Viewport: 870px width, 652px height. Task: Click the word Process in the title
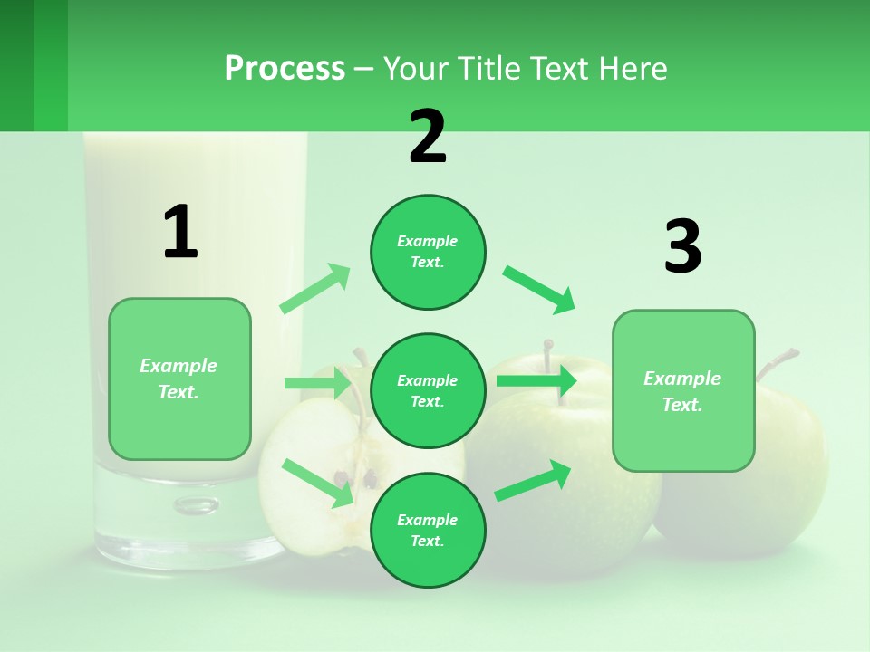tap(285, 69)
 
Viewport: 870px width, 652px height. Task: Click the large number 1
tap(180, 233)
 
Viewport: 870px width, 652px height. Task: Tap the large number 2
tap(428, 137)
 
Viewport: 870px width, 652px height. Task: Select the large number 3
tap(682, 247)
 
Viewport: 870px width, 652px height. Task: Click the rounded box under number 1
tap(179, 379)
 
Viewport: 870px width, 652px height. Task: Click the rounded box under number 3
tap(683, 390)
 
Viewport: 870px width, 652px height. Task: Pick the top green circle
tap(428, 252)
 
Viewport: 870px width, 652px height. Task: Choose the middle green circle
tap(428, 390)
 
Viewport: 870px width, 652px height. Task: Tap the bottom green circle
tap(428, 530)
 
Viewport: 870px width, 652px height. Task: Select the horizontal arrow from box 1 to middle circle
tap(317, 383)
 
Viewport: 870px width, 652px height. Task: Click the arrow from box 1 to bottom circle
tap(317, 482)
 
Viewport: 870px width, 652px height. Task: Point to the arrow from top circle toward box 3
tap(539, 289)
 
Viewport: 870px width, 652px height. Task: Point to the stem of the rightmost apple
tap(778, 363)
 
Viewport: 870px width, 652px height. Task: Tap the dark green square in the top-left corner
tap(16, 65)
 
